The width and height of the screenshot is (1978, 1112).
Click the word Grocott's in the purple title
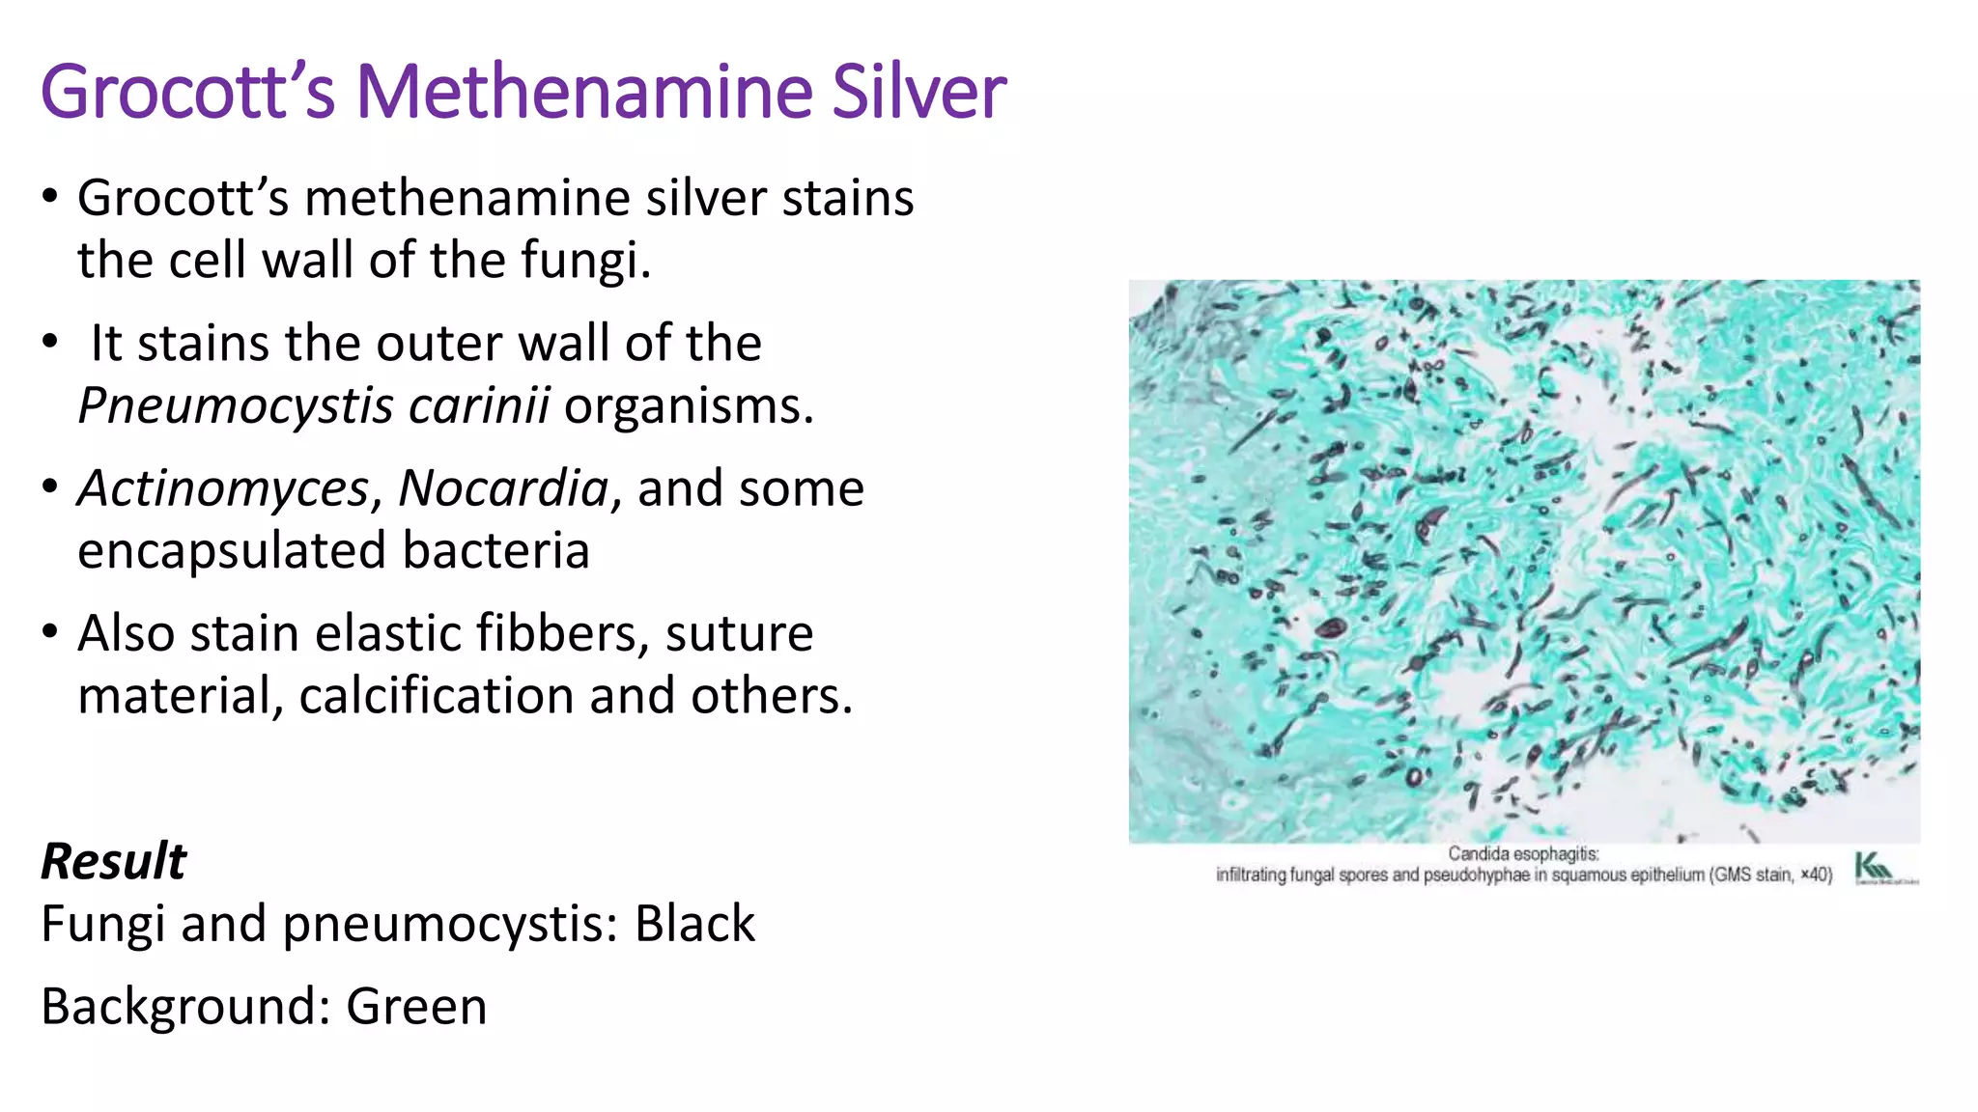tap(187, 92)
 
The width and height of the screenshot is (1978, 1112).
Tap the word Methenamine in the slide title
tap(584, 92)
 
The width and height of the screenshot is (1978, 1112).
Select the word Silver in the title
tap(918, 92)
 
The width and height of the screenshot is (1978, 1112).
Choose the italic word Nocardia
tap(503, 488)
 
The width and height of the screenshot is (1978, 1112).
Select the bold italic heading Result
tap(113, 861)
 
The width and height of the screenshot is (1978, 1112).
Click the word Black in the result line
tap(694, 924)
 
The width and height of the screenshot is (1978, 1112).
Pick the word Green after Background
tap(416, 1007)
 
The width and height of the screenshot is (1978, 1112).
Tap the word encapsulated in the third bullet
tap(232, 551)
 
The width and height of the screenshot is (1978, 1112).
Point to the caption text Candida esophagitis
tap(1523, 854)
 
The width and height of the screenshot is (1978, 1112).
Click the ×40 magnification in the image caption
tap(1816, 875)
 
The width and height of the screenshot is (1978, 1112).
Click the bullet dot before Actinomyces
tap(50, 487)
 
